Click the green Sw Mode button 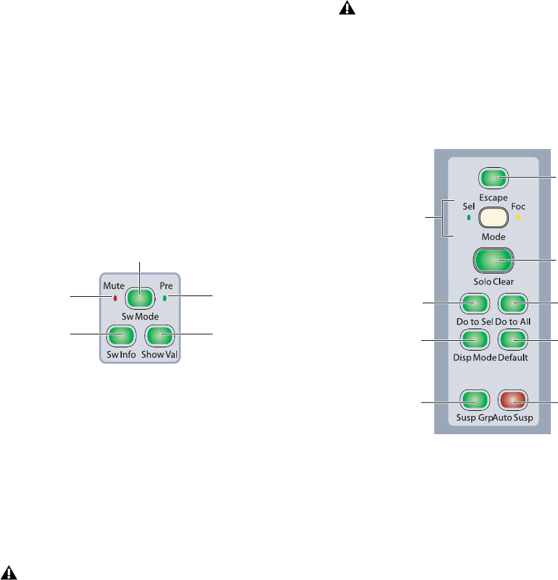coord(139,297)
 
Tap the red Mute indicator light coord(115,298)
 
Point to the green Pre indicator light coord(165,298)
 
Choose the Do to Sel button coord(473,303)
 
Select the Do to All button coord(513,303)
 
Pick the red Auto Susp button coord(513,399)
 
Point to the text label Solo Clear coord(493,283)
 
